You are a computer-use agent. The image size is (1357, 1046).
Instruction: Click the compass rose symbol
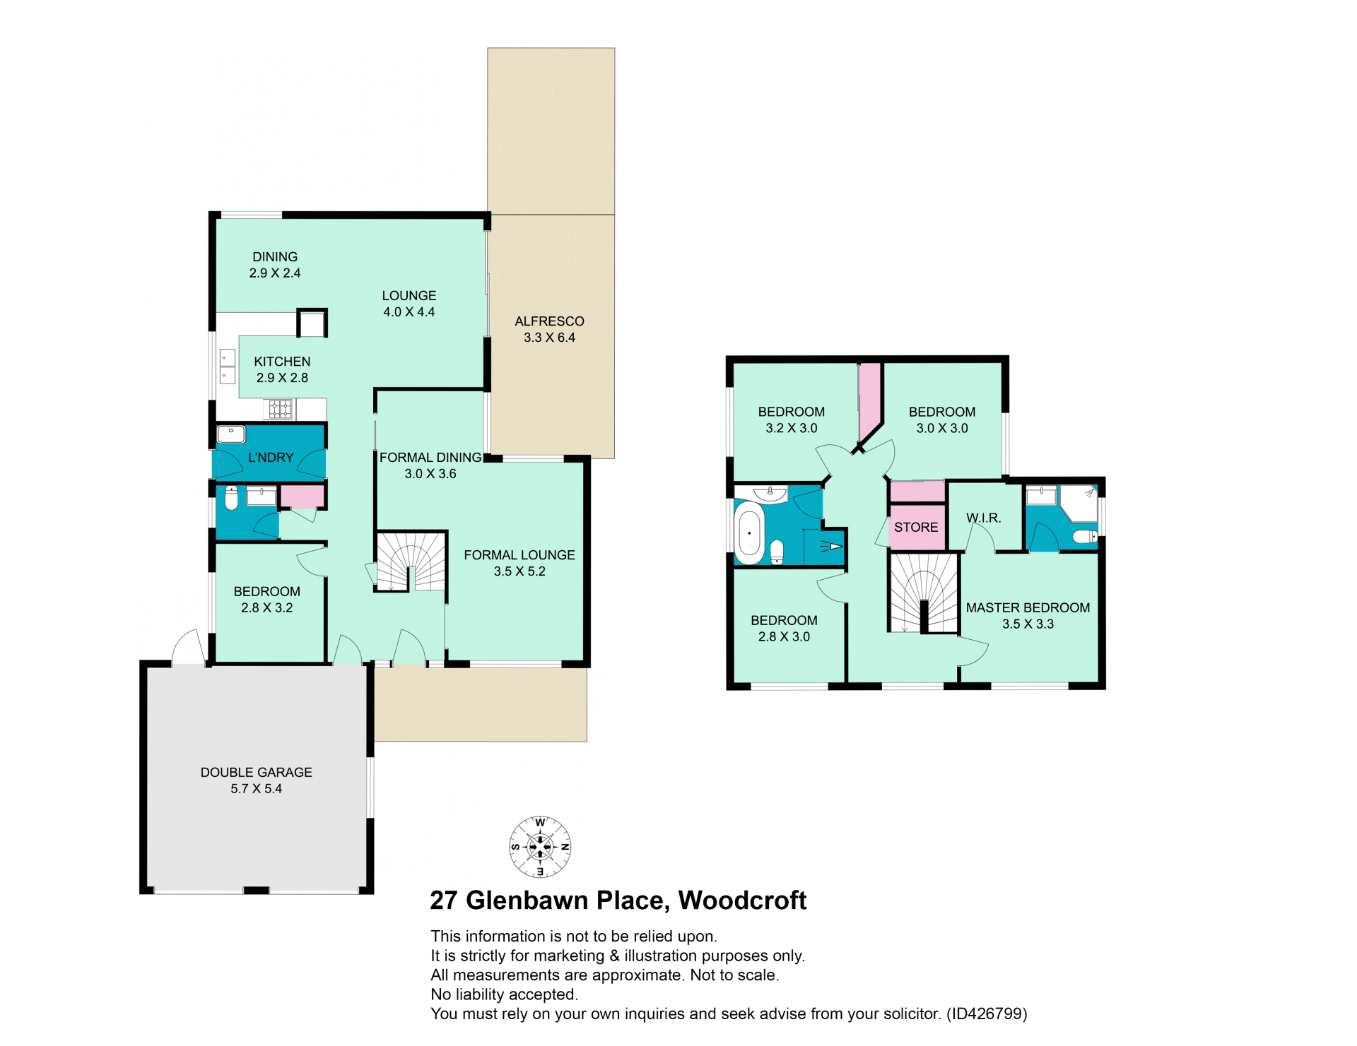tap(540, 846)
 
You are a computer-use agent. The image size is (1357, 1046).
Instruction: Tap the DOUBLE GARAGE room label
tap(256, 772)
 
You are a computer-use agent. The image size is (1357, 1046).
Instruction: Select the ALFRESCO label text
tap(549, 321)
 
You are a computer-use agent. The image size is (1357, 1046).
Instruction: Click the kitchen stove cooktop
tap(279, 409)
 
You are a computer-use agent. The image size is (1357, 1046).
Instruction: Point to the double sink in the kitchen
tap(228, 367)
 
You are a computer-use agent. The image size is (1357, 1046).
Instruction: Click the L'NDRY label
tap(271, 458)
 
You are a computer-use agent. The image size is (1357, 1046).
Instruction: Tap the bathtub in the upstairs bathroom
tap(749, 533)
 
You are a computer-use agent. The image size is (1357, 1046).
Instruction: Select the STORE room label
tap(916, 527)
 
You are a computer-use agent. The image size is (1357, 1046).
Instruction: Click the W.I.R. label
tap(984, 518)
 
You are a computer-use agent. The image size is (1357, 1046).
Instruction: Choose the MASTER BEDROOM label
tap(1028, 607)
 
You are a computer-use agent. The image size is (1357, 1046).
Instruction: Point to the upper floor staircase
tap(923, 593)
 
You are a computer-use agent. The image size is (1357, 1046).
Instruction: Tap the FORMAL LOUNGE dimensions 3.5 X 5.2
tap(519, 571)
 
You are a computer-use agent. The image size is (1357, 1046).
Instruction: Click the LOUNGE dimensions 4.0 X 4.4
tap(409, 312)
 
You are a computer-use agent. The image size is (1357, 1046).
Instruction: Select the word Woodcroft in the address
tap(742, 901)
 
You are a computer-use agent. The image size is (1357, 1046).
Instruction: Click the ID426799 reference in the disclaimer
tap(987, 1014)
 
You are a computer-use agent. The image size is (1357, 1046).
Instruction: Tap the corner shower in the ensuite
tap(1079, 503)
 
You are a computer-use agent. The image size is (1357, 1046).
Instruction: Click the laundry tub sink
tap(231, 434)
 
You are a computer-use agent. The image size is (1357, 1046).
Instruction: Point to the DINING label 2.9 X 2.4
tap(275, 265)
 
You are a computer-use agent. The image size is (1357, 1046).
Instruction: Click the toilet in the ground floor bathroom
tap(231, 498)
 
